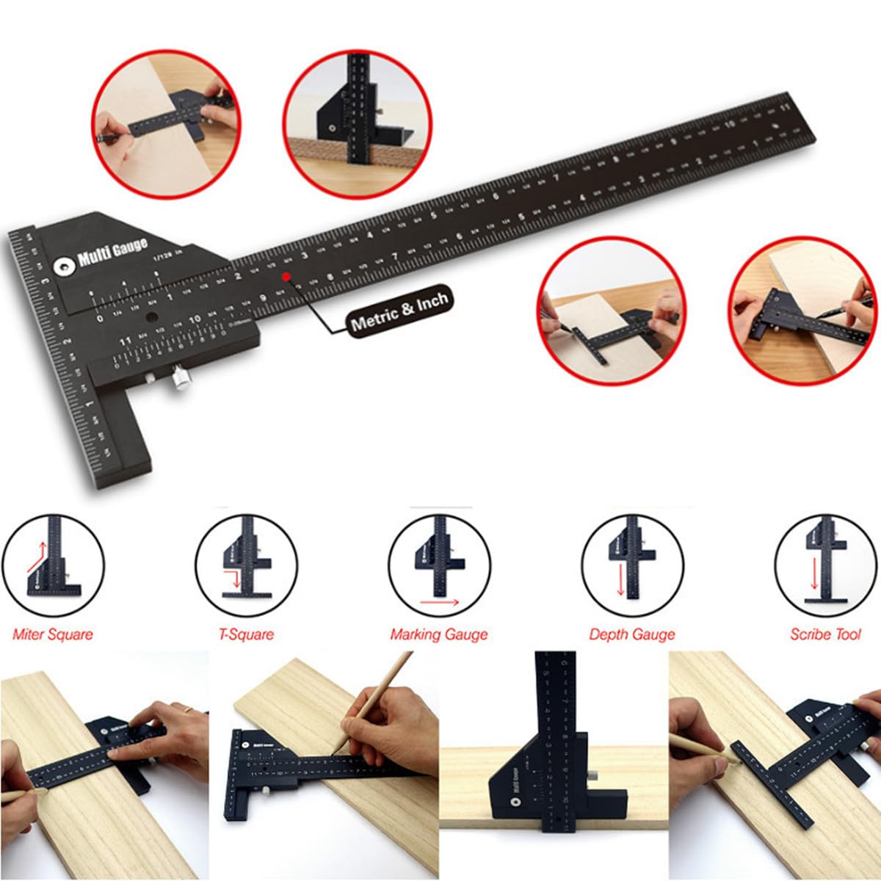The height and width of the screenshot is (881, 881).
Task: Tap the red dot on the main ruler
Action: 286,277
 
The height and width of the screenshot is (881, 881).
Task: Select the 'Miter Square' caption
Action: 53,634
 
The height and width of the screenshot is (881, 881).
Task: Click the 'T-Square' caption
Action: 246,634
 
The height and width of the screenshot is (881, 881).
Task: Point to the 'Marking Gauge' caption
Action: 439,634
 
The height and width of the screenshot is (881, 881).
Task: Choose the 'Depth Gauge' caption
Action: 632,634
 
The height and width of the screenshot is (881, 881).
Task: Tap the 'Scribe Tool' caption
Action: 825,634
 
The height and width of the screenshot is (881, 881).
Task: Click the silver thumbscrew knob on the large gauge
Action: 178,380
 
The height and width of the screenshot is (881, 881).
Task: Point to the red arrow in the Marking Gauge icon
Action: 440,602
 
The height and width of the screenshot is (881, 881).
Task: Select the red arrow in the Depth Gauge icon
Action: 620,580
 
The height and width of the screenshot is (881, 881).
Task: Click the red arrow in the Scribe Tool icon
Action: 813,574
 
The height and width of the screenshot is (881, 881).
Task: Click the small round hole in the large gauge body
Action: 152,318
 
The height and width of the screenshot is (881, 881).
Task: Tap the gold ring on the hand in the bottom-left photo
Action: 188,709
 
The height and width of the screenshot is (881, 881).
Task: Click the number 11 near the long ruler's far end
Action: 785,108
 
